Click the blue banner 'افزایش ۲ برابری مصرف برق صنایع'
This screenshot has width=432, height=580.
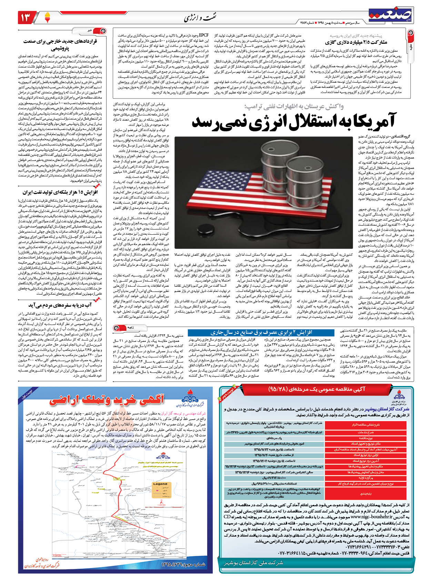(x=261, y=333)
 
